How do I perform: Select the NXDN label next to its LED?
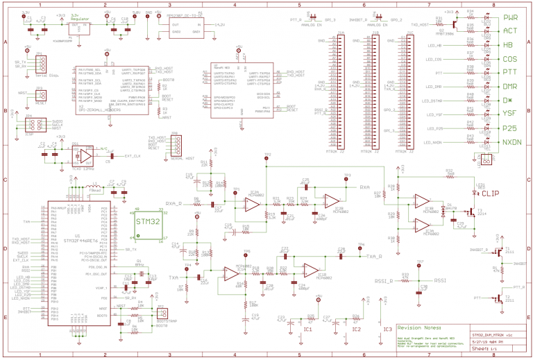click(x=511, y=142)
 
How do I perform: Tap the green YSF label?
click(x=510, y=114)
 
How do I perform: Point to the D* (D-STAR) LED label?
click(x=508, y=100)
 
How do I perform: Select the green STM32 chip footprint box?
click(x=147, y=222)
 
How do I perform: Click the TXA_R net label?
click(x=374, y=256)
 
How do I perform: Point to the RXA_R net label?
click(x=174, y=203)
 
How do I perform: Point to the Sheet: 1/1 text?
click(x=487, y=351)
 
